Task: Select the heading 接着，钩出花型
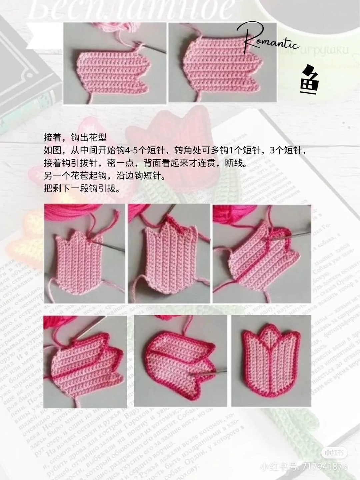[x=75, y=138]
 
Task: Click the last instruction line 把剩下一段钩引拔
[x=82, y=189]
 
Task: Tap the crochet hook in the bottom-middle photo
[x=208, y=373]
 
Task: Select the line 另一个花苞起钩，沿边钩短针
[x=104, y=176]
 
